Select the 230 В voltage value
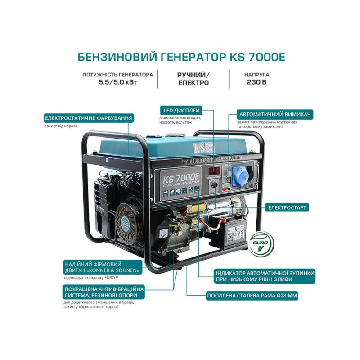pyautogui.click(x=257, y=83)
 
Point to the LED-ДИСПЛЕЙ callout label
pyautogui.click(x=180, y=110)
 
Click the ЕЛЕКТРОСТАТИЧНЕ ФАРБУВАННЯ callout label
pyautogui.click(x=89, y=118)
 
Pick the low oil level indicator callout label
pyautogui.click(x=258, y=276)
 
